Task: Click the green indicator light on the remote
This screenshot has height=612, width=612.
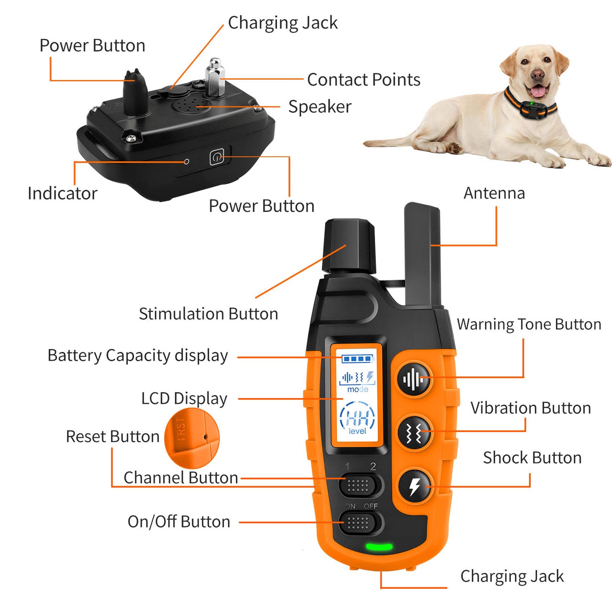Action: (x=379, y=547)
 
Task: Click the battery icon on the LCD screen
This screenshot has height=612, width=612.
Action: (x=357, y=359)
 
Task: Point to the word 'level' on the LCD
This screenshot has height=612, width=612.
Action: (x=357, y=431)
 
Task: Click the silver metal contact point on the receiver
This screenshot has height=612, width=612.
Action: (x=215, y=78)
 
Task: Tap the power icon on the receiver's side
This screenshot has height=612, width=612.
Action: (x=216, y=158)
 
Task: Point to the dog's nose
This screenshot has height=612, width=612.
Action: (x=537, y=75)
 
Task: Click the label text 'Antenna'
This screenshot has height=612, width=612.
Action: (x=494, y=193)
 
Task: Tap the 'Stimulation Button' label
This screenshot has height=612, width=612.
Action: (x=208, y=314)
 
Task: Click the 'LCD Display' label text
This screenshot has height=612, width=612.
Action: (x=184, y=399)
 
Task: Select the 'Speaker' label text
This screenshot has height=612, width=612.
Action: (x=320, y=107)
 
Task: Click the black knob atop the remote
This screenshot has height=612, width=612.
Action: (x=349, y=246)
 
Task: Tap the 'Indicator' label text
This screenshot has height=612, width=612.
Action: (x=62, y=194)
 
